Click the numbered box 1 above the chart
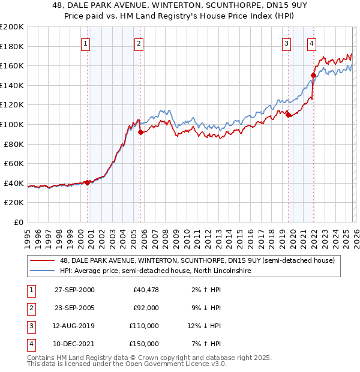pyautogui.click(x=86, y=43)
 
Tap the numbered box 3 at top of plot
pyautogui.click(x=287, y=43)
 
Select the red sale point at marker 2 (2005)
pyautogui.click(x=140, y=132)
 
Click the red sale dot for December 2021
pyautogui.click(x=313, y=75)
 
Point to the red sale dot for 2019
pyautogui.click(x=288, y=114)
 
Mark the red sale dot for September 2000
pyautogui.click(x=88, y=182)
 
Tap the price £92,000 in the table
pyautogui.click(x=146, y=308)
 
